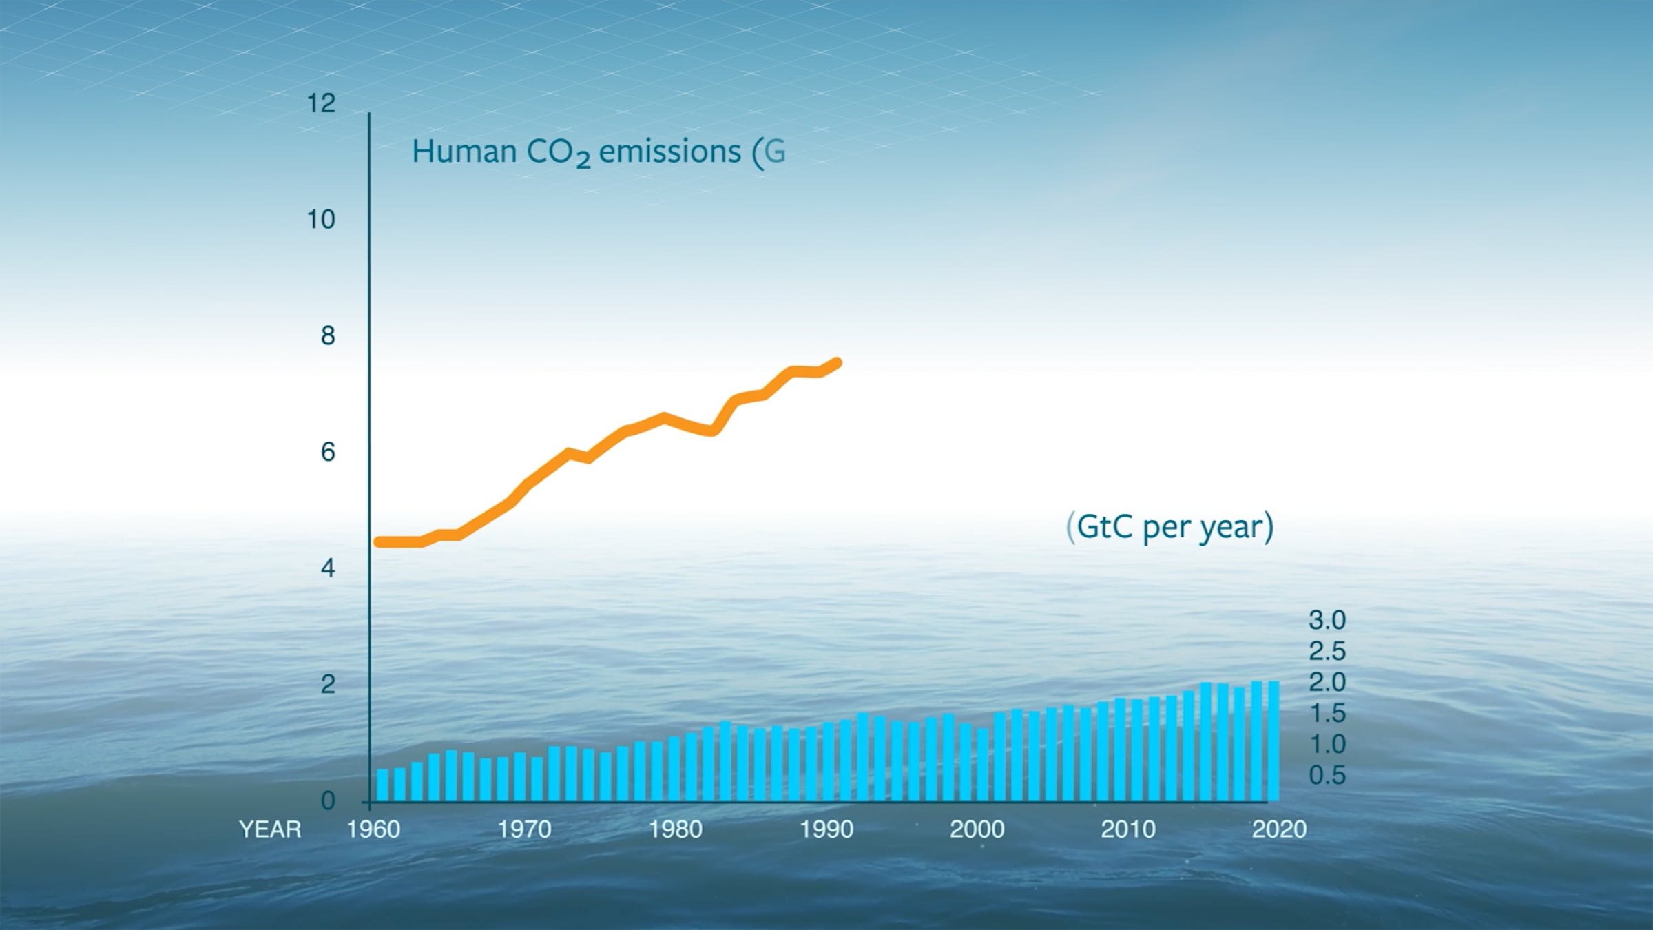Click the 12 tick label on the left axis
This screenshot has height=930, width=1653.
point(321,103)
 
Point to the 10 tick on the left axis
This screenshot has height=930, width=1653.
point(321,220)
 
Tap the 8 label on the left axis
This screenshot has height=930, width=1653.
point(328,336)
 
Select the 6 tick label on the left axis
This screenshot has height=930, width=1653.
point(328,452)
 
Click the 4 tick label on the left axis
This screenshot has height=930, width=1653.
point(328,568)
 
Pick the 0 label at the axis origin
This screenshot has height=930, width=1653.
point(328,800)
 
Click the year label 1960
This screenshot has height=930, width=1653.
point(373,829)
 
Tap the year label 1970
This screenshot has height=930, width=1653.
point(524,829)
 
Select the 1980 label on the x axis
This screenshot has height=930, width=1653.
point(675,829)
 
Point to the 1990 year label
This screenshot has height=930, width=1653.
point(826,829)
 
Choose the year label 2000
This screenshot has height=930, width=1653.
point(977,829)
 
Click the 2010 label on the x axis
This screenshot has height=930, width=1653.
point(1127,829)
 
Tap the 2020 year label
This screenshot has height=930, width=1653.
point(1279,829)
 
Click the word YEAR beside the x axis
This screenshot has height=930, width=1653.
point(270,829)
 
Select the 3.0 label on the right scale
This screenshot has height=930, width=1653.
point(1327,620)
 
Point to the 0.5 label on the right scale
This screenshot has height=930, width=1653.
point(1327,775)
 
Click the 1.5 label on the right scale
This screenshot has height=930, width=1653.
point(1327,713)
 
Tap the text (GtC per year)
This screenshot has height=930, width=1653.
point(1169,528)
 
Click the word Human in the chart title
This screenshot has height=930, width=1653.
point(464,152)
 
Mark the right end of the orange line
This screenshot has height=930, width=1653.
point(837,363)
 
